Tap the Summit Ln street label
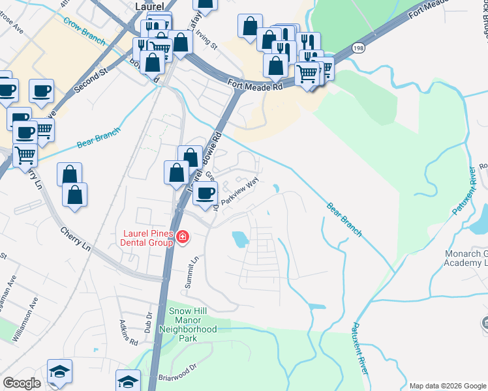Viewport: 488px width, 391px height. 194,268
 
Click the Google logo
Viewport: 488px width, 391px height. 22,383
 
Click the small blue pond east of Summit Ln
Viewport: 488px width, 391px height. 240,239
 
